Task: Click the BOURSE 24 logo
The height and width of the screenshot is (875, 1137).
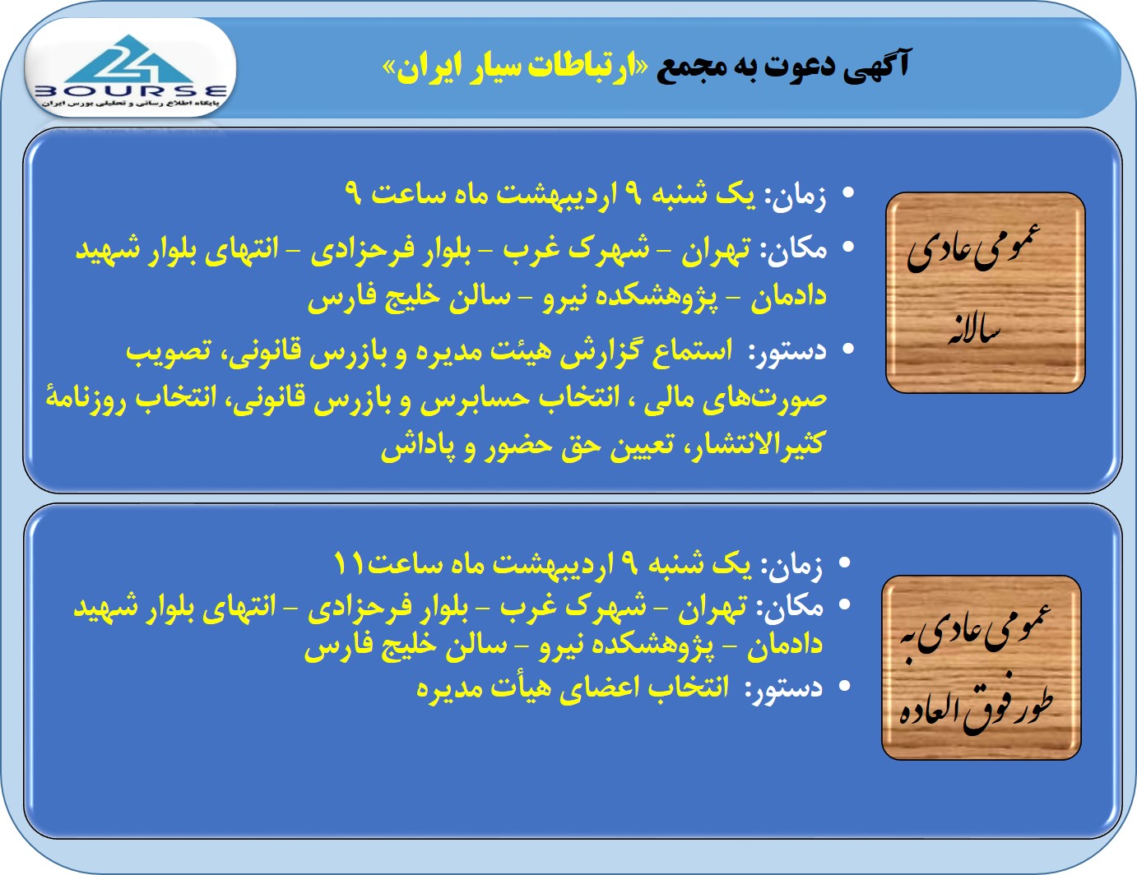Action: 131,72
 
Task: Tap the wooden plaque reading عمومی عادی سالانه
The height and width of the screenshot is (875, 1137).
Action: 986,293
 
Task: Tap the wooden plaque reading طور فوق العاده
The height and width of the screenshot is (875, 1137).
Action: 982,668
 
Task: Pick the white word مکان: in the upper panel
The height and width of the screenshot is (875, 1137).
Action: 793,249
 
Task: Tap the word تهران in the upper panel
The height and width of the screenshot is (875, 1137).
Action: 716,248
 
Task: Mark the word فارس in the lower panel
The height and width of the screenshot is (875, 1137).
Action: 335,646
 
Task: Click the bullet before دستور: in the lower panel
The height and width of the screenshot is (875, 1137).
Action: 843,686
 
